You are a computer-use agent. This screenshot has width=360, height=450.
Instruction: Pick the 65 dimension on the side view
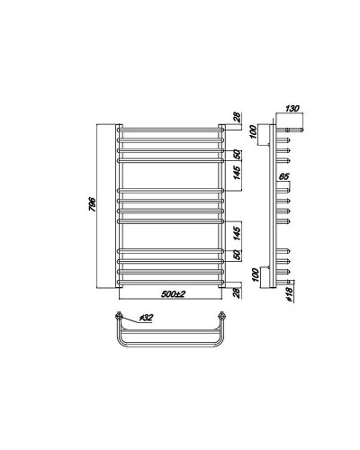click(284, 177)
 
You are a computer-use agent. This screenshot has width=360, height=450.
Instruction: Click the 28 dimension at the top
click(237, 116)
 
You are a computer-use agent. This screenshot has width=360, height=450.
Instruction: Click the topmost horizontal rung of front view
click(171, 129)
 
